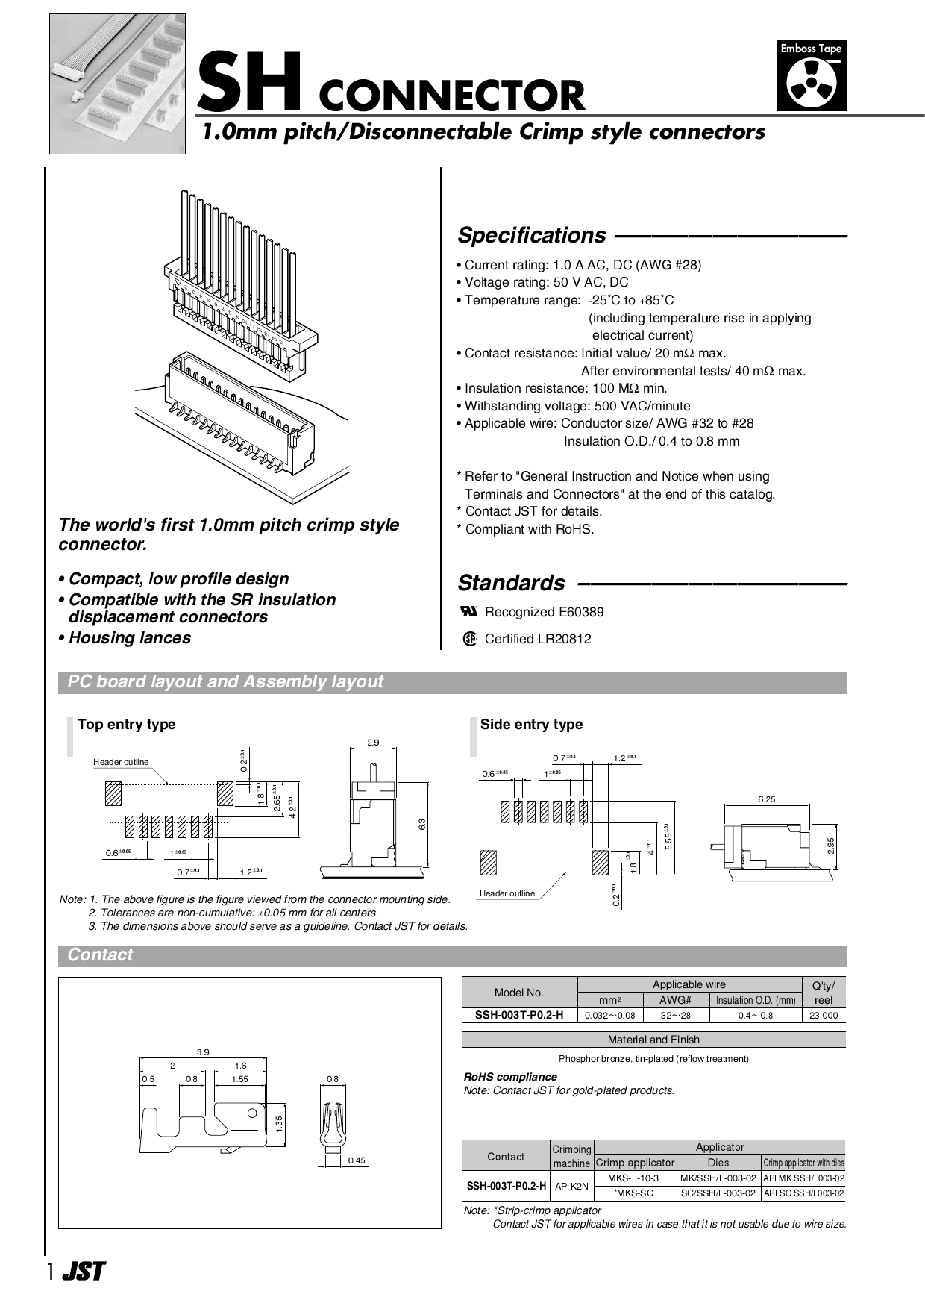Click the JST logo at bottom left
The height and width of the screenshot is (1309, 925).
click(x=84, y=1272)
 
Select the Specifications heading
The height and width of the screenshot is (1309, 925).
click(x=531, y=235)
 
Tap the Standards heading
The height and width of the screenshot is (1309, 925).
click(x=511, y=583)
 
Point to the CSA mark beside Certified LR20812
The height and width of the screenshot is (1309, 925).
click(x=469, y=639)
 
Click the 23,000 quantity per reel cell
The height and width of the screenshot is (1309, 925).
click(x=824, y=1016)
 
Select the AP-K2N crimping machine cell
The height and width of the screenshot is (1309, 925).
click(x=571, y=1186)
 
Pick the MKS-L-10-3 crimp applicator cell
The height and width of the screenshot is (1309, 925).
click(x=633, y=1178)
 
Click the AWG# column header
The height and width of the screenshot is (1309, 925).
click(x=675, y=1000)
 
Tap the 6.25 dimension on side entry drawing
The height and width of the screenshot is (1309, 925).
click(x=766, y=799)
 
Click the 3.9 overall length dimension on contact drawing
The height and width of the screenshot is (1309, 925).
click(x=203, y=1052)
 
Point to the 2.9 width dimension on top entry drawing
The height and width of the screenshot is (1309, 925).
click(x=373, y=742)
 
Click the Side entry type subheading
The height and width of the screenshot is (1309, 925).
click(x=531, y=724)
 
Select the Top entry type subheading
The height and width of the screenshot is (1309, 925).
click(x=127, y=724)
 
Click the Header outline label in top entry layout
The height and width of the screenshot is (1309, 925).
click(x=121, y=762)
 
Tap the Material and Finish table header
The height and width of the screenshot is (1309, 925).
click(x=653, y=1040)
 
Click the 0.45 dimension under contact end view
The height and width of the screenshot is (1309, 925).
click(x=357, y=1160)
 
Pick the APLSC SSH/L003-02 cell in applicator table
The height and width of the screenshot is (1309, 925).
click(x=803, y=1193)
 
